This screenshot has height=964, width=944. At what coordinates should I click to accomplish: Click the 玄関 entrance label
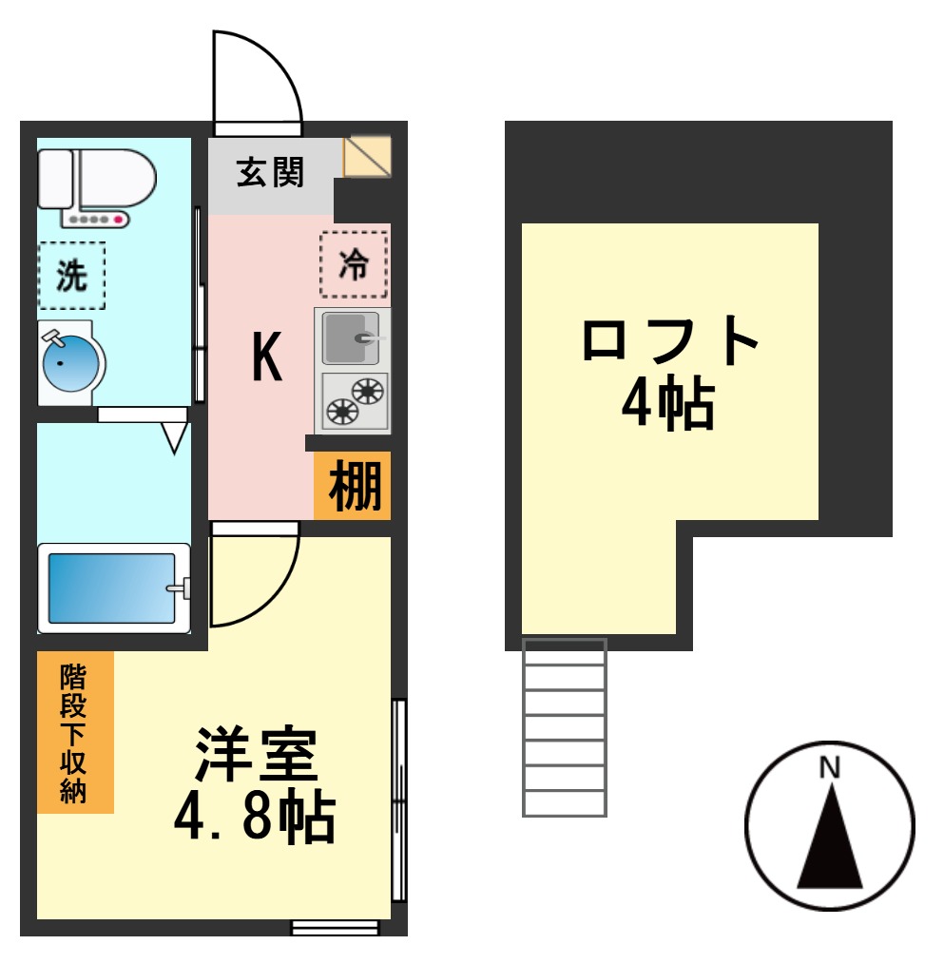coord(270,174)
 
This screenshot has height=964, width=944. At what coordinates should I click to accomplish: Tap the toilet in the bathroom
coord(95,183)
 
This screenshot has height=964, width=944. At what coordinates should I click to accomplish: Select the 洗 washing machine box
coord(71,276)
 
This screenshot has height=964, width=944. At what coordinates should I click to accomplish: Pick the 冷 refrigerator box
coord(354,264)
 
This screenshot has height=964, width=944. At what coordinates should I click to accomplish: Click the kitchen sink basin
coord(350,337)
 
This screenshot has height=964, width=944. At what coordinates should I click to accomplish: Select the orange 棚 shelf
coord(354,487)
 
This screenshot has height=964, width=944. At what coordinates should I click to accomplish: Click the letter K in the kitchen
coord(267,359)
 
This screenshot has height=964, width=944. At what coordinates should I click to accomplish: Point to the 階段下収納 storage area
coord(75,733)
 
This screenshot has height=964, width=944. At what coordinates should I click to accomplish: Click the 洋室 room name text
coord(254,756)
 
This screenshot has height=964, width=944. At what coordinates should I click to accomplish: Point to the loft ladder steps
coord(565,727)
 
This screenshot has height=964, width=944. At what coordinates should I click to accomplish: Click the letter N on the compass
coord(830,767)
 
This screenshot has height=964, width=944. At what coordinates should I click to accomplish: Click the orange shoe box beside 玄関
coord(367,157)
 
